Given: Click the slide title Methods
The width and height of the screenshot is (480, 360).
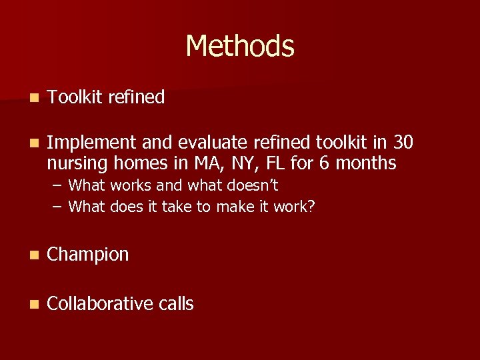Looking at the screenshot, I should [240, 46].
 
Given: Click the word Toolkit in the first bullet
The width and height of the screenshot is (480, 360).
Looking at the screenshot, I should [73, 97].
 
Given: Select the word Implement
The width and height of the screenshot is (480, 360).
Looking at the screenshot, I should [91, 143].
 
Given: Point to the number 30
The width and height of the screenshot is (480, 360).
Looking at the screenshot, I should [403, 142].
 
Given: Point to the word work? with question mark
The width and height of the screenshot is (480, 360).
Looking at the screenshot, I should [294, 207].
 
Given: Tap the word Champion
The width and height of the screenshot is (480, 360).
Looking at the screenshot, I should [88, 255].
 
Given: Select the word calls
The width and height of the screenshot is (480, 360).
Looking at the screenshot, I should [176, 304].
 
